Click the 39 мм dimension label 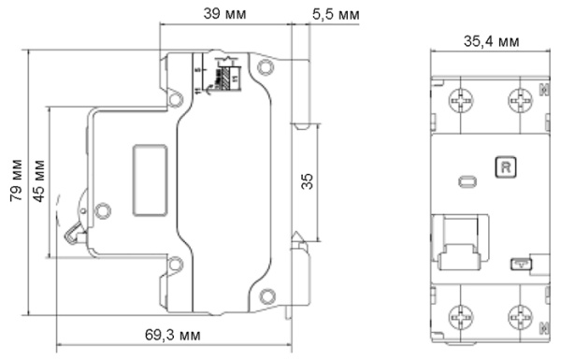[225, 14]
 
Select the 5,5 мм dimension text [335, 14]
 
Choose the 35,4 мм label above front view [491, 41]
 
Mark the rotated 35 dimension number [307, 180]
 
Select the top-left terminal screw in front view [460, 100]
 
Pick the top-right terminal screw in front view [519, 100]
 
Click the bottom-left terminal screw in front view [460, 316]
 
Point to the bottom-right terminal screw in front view [519, 316]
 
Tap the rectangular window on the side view [149, 180]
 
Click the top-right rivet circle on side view [266, 67]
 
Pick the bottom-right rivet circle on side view [266, 297]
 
